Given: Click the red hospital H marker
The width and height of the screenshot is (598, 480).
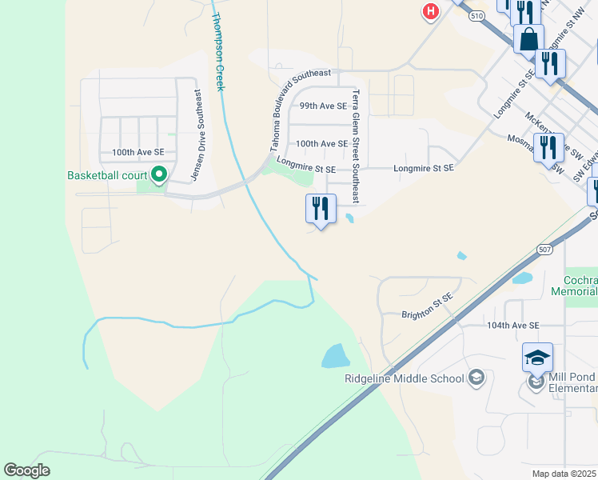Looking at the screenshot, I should pos(431,11).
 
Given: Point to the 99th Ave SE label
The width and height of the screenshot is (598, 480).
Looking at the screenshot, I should pos(323,106).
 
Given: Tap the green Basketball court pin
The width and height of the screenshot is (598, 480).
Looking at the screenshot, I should pos(158,174).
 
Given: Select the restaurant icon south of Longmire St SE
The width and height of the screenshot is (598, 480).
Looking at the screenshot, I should pos(320,209).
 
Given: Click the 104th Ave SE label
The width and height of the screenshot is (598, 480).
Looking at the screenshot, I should pos(513,326).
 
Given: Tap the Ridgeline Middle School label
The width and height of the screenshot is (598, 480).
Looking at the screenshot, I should pos(405,378).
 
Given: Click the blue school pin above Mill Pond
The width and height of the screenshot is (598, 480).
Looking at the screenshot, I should pos(537,358).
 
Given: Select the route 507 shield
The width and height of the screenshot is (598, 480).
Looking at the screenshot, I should pos(544,249).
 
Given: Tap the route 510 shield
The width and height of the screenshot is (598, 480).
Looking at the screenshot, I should pos(477,15).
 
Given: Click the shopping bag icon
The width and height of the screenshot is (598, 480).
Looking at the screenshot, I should pos(529,38).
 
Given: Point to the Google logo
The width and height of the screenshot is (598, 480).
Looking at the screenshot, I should pos(27,470).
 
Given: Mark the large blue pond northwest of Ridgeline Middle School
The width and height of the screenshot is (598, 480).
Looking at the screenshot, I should pos(336,355).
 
